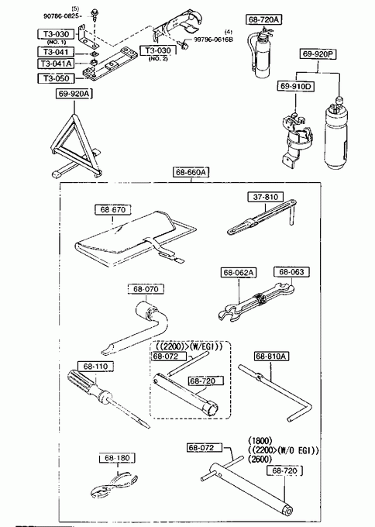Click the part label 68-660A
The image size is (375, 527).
point(191,172)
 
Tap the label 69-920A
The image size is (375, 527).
point(74,94)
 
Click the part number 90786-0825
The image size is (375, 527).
point(63,15)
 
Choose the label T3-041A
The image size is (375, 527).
point(56,64)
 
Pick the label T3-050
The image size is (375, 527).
point(56,78)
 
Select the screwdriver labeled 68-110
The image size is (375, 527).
point(108,398)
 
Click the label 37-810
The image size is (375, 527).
point(266,197)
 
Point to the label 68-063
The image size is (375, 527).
point(291,271)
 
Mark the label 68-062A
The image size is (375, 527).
point(239,272)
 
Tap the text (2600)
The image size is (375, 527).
point(260,459)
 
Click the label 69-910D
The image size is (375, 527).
point(296,86)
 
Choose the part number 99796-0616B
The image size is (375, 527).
point(213,40)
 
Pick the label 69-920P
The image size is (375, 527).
point(318,53)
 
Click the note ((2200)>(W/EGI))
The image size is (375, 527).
point(189,346)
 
